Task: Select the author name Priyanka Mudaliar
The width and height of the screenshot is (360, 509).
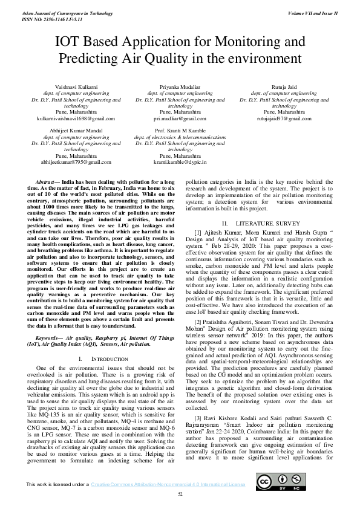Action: click(180, 88)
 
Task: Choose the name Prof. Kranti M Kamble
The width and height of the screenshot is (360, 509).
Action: click(180, 131)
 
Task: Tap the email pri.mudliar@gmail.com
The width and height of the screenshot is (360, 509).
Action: click(180, 119)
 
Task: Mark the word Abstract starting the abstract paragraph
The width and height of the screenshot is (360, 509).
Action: click(47, 181)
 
